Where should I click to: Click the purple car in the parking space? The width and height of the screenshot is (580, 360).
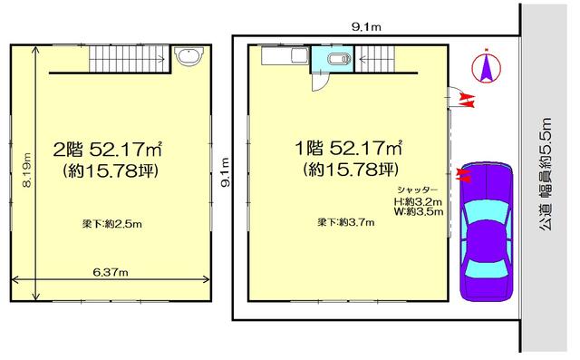(487, 231)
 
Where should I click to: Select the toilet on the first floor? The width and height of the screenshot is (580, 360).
(339, 59)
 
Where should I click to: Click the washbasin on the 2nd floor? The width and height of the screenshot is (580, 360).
(188, 56)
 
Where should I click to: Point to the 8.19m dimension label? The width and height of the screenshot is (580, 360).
(26, 170)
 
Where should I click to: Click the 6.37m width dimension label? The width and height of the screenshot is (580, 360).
(111, 273)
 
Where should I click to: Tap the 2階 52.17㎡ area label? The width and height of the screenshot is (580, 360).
(108, 149)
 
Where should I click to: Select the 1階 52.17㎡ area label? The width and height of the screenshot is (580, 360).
(348, 148)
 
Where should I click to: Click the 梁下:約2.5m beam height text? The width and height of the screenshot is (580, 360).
(112, 224)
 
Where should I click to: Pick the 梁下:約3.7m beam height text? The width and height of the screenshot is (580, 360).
(346, 222)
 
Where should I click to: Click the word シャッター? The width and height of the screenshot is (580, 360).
(417, 190)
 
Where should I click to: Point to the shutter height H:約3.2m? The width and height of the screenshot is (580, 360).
(418, 202)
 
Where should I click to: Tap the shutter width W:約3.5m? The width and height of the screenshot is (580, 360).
(419, 211)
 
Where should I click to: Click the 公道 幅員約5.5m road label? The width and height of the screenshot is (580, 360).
(545, 174)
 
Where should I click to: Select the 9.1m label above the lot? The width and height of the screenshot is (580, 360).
(366, 26)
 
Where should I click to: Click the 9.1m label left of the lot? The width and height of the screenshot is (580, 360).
(226, 172)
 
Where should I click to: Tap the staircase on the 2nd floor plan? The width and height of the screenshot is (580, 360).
(129, 58)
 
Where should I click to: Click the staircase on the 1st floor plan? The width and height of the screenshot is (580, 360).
(374, 58)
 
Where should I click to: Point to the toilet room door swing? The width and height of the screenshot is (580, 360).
(318, 82)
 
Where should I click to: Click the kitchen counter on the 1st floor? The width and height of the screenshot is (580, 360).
(285, 56)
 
